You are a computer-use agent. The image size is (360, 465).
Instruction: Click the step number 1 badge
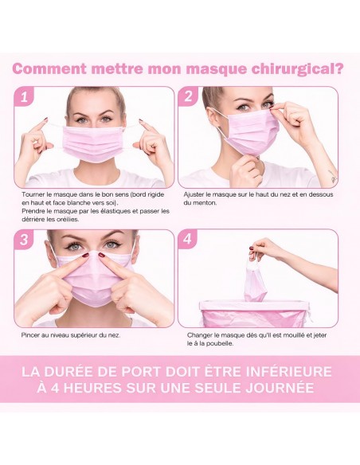pos(24,96)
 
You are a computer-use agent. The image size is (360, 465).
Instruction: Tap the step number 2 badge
pos(188,96)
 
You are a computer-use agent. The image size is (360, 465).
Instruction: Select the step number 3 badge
pos(24,240)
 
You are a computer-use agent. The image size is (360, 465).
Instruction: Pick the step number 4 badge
pos(188,240)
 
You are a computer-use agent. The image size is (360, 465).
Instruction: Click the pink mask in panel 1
pos(94,143)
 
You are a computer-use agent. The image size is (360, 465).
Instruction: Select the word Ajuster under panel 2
pos(194,195)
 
